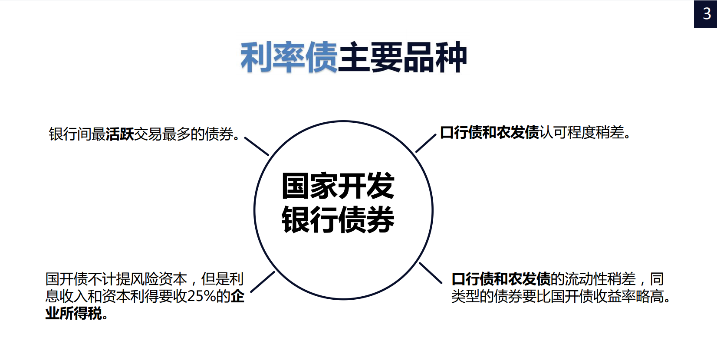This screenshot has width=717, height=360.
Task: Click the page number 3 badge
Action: (706, 14)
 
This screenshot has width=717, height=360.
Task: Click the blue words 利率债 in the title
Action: (289, 57)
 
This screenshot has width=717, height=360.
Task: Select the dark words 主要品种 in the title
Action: (402, 57)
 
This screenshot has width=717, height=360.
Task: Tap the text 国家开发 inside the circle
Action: (338, 186)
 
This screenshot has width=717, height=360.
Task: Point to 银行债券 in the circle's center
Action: (338, 219)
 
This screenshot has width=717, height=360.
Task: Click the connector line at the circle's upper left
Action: (257, 146)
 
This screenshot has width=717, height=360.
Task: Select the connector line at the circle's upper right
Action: (426, 143)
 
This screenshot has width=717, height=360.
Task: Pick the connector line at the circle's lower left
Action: (263, 281)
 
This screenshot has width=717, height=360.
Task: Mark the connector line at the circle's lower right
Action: (430, 273)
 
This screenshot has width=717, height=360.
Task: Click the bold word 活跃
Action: (120, 134)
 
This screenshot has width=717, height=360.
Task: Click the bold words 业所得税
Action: (74, 313)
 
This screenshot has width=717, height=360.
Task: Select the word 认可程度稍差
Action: (582, 132)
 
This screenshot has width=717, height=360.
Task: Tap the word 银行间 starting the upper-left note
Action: (70, 134)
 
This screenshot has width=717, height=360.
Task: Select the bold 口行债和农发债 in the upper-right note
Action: (490, 132)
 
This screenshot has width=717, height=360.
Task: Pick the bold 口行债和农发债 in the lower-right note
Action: (501, 279)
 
